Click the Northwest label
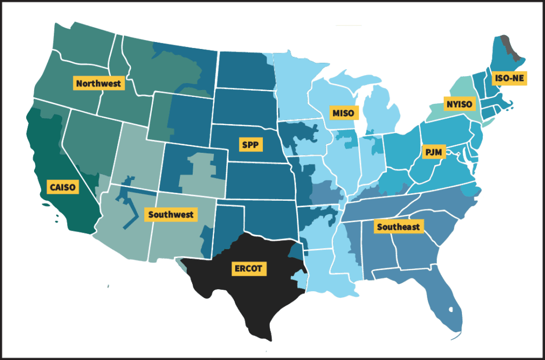tap(99, 83)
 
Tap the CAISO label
tap(63, 187)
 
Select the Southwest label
tap(171, 215)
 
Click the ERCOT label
tap(248, 268)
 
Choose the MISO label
tap(343, 113)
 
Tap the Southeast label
tap(398, 227)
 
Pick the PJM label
tap(431, 151)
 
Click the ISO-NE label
tap(509, 78)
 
